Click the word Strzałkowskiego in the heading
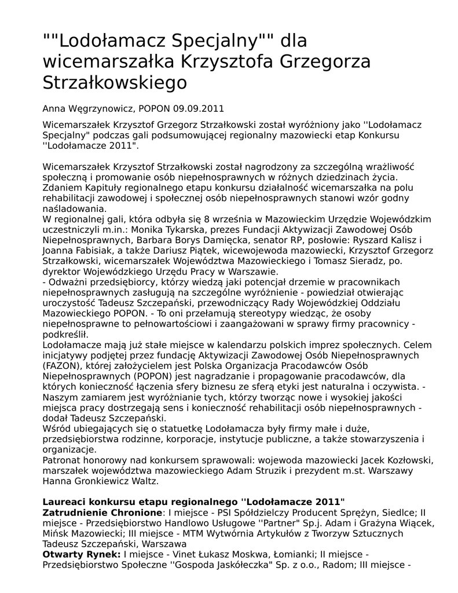115,83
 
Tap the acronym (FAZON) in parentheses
64,365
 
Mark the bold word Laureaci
65,502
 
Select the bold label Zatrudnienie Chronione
102,513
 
